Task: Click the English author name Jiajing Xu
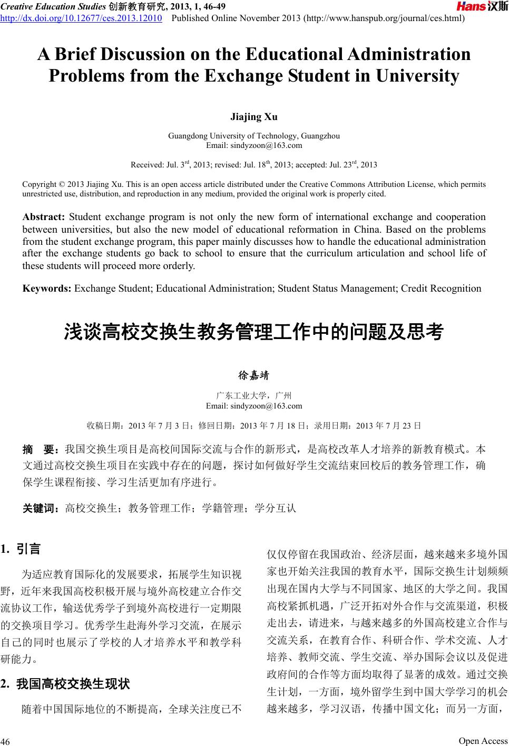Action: click(x=254, y=116)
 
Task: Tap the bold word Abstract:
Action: click(x=43, y=217)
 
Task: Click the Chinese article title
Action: click(x=254, y=332)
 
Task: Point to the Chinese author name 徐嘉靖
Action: click(x=254, y=376)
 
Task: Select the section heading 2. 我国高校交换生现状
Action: click(x=65, y=684)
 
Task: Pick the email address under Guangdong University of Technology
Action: click(x=254, y=145)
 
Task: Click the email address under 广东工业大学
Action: click(x=254, y=406)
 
